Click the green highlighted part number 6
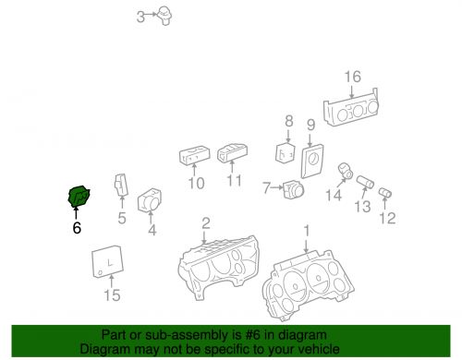pos(79,197)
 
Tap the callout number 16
pos(352,77)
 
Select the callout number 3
pos(140,17)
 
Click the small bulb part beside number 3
pos(164,16)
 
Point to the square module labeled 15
pos(108,261)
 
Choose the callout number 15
pos(112,295)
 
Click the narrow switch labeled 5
pos(121,185)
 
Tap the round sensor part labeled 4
pos(150,199)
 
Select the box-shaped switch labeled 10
pos(194,155)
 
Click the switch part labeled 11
pos(232,153)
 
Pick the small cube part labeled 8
pos(285,152)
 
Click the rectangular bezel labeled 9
pos(312,161)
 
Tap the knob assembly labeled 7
pos(294,190)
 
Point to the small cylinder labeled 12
pos(385,193)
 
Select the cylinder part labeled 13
pos(365,182)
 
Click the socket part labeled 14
pos(346,171)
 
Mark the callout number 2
pos(206,223)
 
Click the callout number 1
pos(307,231)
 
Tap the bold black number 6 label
pos(77,228)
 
